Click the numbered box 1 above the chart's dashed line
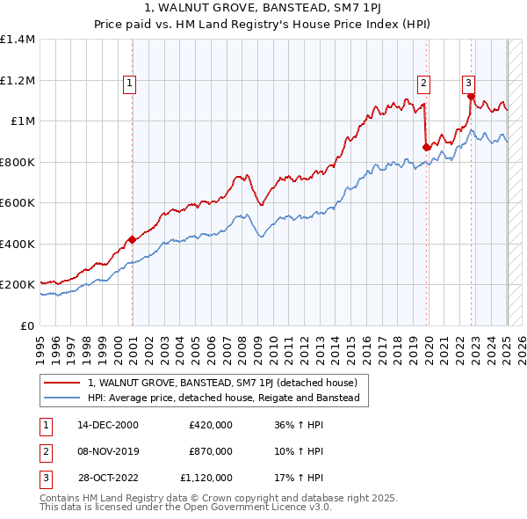click(129, 84)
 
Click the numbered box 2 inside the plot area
click(423, 84)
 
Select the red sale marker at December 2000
click(132, 239)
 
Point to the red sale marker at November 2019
click(426, 147)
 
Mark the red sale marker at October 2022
click(471, 96)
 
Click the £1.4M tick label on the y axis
click(18, 40)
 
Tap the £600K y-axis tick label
click(18, 203)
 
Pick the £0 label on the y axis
click(26, 325)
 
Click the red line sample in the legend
click(62, 383)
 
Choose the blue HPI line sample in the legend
click(62, 398)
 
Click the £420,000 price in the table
click(211, 424)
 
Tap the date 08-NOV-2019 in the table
click(109, 451)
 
